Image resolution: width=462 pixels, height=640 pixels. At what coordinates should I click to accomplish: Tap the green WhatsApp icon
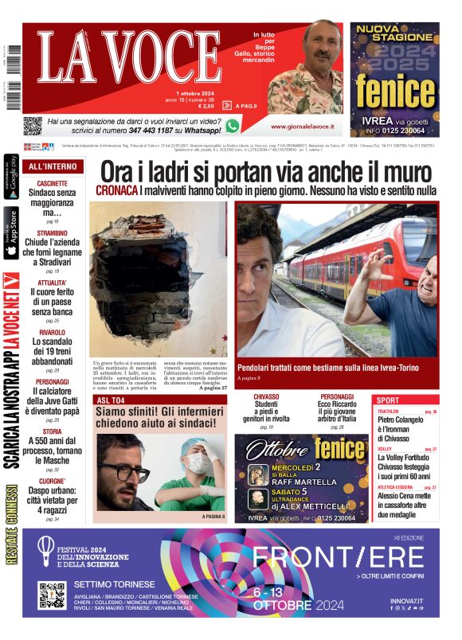point(232,125)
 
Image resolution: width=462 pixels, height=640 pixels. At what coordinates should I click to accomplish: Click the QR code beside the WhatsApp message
point(32,125)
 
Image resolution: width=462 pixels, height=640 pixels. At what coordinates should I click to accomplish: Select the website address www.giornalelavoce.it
point(302,127)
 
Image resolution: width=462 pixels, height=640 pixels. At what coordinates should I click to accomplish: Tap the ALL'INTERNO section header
point(53,167)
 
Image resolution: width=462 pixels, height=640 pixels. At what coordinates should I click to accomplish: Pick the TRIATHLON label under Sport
point(389,412)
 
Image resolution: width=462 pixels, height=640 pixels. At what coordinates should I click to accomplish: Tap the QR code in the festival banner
point(53,595)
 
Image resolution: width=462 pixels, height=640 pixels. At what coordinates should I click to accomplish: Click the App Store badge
point(11,233)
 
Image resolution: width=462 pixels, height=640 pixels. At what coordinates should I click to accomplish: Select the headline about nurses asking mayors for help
point(160,419)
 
